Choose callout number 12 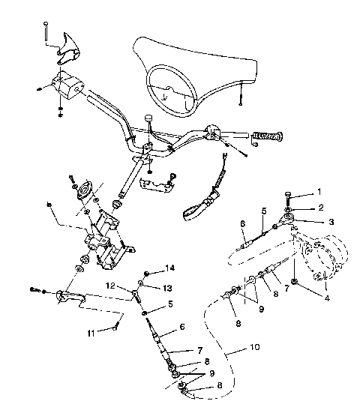(110, 286)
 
